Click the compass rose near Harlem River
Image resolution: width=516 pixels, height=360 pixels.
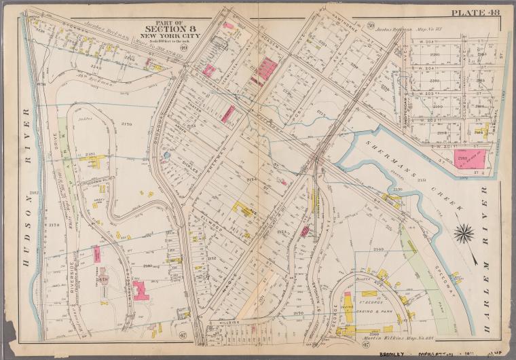tap(464, 234)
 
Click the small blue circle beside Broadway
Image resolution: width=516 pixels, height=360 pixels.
tap(167, 156)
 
